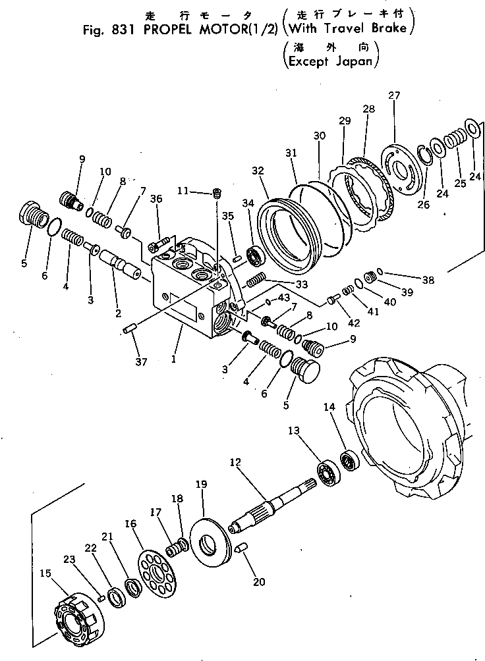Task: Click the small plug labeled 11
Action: pos(216,193)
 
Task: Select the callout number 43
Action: pos(284,298)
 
